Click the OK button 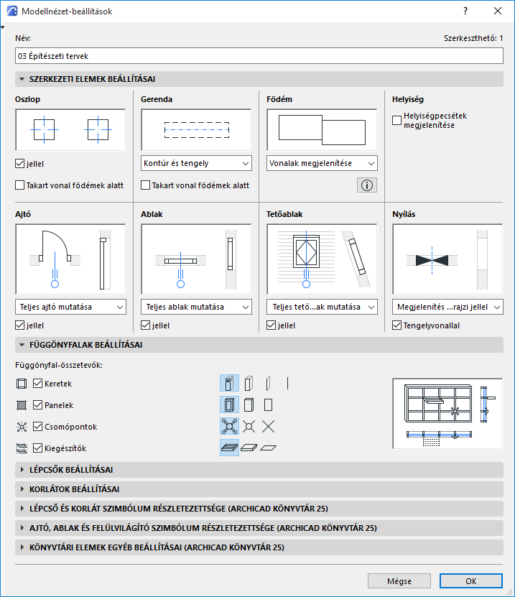pos(470,580)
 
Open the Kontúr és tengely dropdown pos(196,163)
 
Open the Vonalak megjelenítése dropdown pos(322,163)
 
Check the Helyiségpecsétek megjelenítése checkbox pos(397,121)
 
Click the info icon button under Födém pos(367,185)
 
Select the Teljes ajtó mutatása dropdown pos(70,307)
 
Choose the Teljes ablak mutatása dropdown pos(196,307)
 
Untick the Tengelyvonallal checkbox pos(397,325)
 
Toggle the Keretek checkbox pos(38,384)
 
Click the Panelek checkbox pos(38,405)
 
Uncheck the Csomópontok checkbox pos(38,427)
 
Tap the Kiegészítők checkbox pos(38,448)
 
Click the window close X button pos(497,11)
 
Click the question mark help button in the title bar pos(465,11)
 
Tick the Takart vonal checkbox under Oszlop pos(19,185)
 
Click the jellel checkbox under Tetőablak pos(272,325)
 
